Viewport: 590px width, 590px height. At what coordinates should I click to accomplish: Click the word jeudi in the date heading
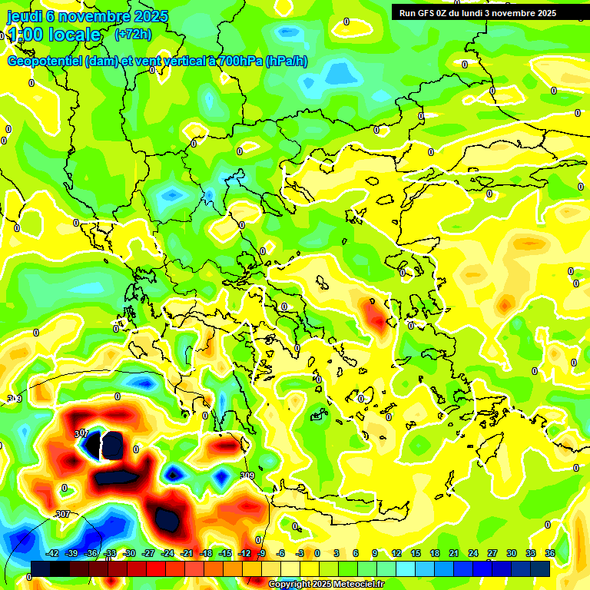pyautogui.click(x=25, y=16)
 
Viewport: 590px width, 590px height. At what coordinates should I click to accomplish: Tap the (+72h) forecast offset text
pyautogui.click(x=133, y=35)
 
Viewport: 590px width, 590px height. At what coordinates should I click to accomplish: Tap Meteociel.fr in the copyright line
pyautogui.click(x=353, y=585)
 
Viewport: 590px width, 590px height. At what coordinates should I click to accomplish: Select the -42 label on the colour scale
pyautogui.click(x=53, y=553)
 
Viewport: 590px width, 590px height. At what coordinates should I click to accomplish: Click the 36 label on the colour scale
pyautogui.click(x=549, y=553)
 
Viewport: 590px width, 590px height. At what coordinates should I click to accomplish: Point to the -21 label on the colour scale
pyautogui.click(x=187, y=553)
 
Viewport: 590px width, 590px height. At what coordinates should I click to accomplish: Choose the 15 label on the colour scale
pyautogui.click(x=416, y=553)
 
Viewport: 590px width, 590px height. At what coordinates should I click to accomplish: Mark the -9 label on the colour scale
pyautogui.click(x=261, y=553)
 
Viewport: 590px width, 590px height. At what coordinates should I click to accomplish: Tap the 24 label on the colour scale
pyautogui.click(x=472, y=553)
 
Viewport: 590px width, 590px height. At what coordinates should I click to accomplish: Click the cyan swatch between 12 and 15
pyautogui.click(x=406, y=568)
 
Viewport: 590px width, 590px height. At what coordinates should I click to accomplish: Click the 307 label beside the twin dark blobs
pyautogui.click(x=81, y=434)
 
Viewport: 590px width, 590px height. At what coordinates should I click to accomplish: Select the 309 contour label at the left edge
pyautogui.click(x=14, y=398)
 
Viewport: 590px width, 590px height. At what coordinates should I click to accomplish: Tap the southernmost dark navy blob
pyautogui.click(x=167, y=520)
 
